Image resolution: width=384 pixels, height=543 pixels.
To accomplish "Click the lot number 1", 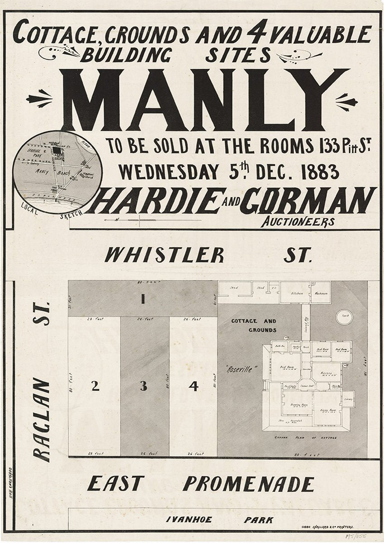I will pyautogui.click(x=143, y=299).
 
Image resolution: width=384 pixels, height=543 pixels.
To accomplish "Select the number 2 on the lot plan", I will pyautogui.click(x=95, y=386).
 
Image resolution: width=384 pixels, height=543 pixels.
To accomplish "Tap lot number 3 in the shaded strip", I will pyautogui.click(x=143, y=386).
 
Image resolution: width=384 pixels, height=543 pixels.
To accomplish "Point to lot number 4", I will pyautogui.click(x=194, y=386).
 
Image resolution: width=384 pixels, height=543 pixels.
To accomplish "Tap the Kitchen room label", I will pyautogui.click(x=297, y=294).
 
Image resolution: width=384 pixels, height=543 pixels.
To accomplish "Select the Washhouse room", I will pyautogui.click(x=321, y=294).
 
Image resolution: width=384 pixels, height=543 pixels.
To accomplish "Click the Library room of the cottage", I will pyautogui.click(x=348, y=399).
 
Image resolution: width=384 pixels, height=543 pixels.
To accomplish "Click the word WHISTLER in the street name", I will pyautogui.click(x=164, y=255).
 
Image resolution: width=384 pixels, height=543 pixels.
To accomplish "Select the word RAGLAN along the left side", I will pyautogui.click(x=43, y=420).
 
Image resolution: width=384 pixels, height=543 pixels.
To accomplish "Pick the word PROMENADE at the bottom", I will pyautogui.click(x=248, y=484).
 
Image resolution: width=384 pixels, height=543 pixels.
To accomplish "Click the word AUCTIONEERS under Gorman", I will pyautogui.click(x=297, y=222).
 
